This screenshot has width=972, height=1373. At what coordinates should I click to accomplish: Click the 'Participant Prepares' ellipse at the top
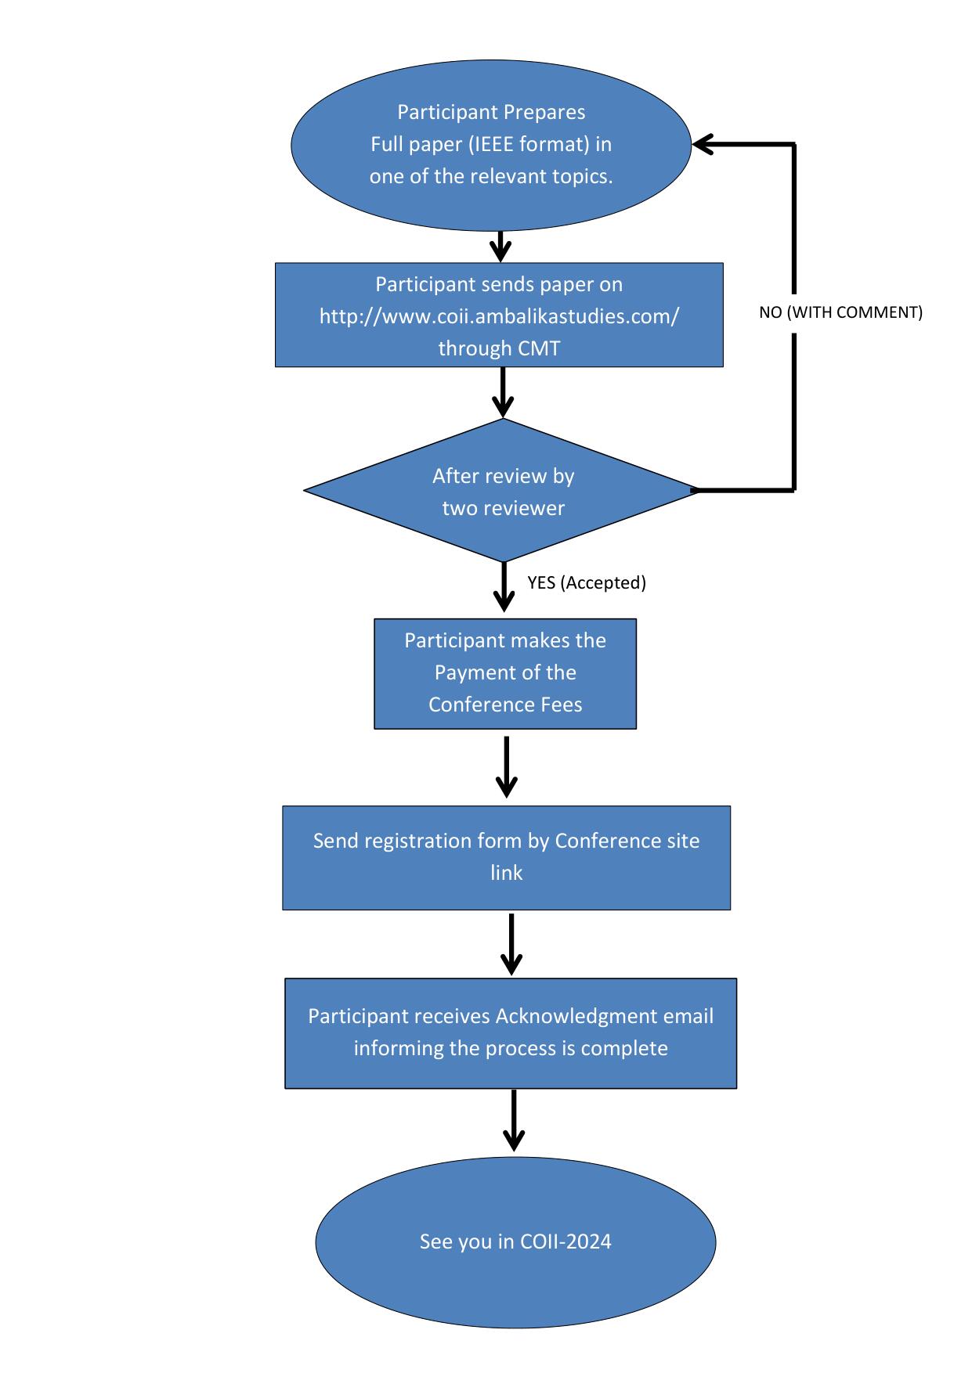point(491,145)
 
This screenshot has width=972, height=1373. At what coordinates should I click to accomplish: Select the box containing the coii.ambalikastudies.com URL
point(499,315)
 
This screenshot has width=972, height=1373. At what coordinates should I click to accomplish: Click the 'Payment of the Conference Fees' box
point(505,674)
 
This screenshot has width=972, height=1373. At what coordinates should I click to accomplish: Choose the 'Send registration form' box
point(506,858)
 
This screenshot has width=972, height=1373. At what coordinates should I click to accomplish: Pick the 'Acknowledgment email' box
point(511,1033)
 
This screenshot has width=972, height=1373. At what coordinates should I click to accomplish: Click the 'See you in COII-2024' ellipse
point(515,1241)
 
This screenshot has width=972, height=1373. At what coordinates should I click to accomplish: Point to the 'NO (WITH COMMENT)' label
point(841,312)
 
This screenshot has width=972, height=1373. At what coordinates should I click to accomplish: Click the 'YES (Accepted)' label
point(587,582)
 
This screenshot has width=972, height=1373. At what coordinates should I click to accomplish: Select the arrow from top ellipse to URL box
point(500,247)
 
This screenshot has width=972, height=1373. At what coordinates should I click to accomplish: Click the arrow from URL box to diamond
point(503,392)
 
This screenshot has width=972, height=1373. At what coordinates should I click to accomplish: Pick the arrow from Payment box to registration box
point(508,767)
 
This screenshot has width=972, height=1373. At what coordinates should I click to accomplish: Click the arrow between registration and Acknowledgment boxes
point(511,945)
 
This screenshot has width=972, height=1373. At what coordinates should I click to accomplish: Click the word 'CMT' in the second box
point(539,348)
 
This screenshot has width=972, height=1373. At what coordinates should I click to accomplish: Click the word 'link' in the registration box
point(506,873)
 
